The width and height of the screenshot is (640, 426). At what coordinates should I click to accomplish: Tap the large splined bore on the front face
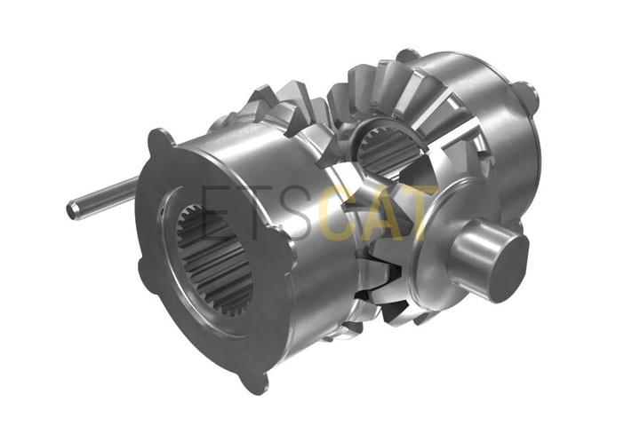(x=215, y=261)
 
